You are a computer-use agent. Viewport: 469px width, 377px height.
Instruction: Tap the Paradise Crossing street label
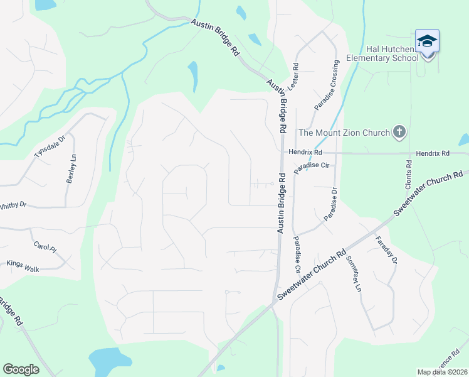pyautogui.click(x=327, y=85)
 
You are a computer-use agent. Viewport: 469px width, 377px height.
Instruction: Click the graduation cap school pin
pyautogui.click(x=427, y=41)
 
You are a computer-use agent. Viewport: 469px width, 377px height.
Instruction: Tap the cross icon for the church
pyautogui.click(x=399, y=132)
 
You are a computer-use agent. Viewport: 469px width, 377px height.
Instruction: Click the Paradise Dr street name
pyautogui.click(x=330, y=204)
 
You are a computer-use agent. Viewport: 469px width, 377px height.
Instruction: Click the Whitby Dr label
pyautogui.click(x=13, y=205)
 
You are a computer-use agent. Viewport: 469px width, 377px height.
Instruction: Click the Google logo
pyautogui.click(x=21, y=369)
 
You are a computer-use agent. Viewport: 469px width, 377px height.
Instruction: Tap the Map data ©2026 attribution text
pyautogui.click(x=443, y=372)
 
